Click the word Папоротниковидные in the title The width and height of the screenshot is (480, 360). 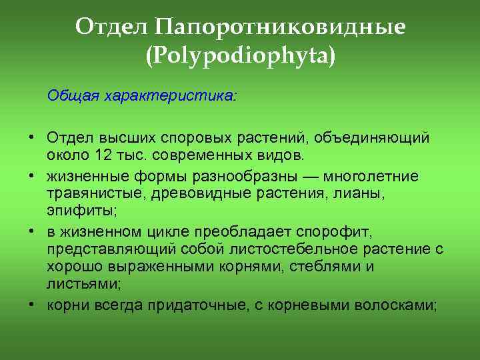point(280,27)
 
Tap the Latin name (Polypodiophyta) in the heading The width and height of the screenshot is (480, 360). point(240,54)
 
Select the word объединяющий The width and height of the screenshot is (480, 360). point(387,137)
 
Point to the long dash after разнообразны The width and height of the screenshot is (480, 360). point(315,176)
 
